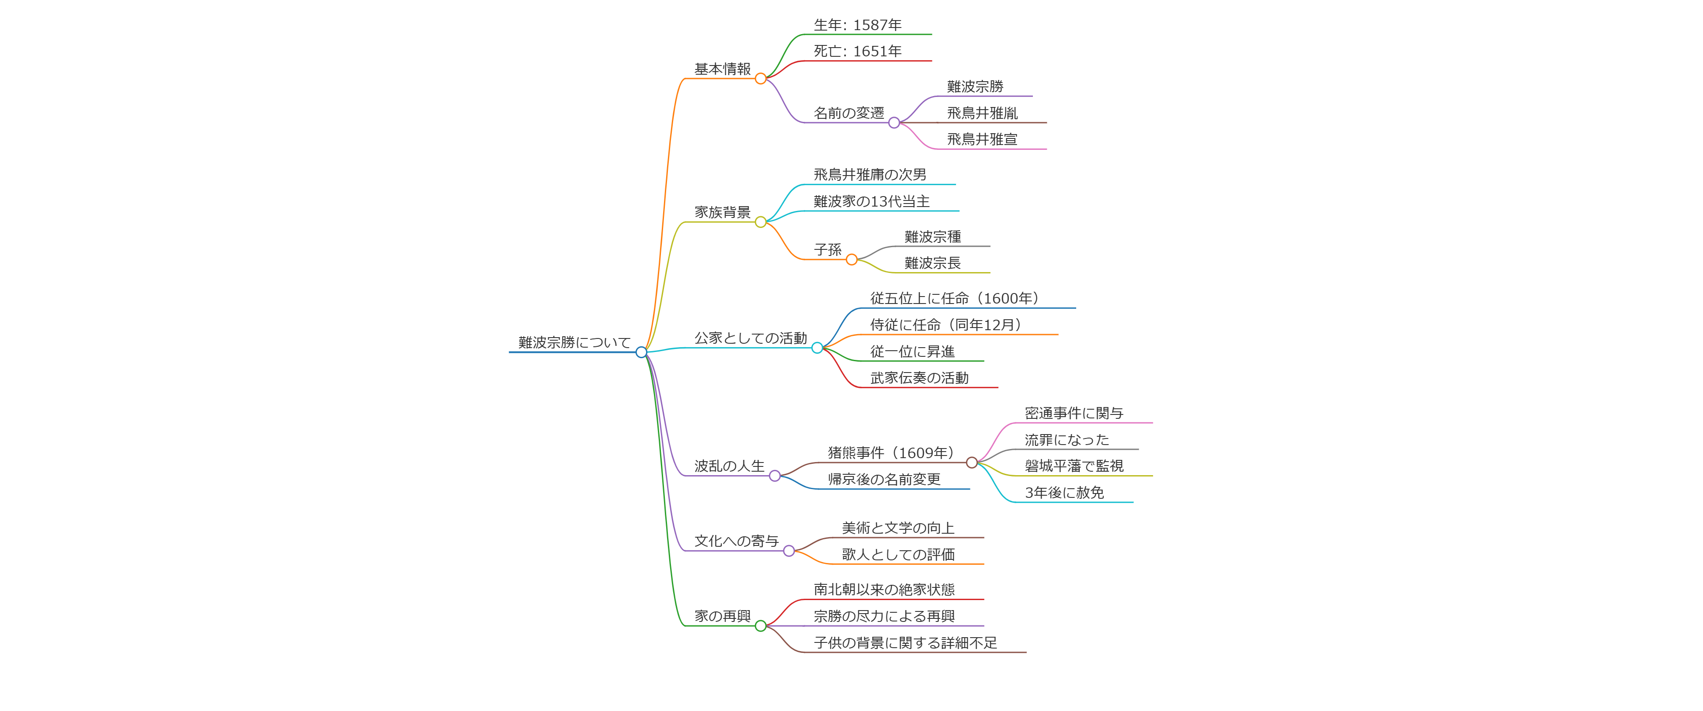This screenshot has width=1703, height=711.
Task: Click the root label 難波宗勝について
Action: coord(574,342)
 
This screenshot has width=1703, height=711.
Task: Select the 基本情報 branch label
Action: coord(722,69)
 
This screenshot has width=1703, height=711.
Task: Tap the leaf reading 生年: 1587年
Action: coord(858,25)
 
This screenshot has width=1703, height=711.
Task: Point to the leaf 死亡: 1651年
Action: coord(858,52)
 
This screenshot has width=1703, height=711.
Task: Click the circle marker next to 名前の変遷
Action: coord(894,123)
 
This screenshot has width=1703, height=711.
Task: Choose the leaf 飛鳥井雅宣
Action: coord(982,139)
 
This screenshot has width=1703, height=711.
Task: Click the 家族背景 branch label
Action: coord(722,212)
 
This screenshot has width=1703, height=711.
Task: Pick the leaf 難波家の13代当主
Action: coord(871,201)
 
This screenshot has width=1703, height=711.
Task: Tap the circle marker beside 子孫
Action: coord(851,260)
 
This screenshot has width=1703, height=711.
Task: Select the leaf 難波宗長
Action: coord(932,263)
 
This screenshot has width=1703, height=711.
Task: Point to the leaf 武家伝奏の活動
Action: coord(919,378)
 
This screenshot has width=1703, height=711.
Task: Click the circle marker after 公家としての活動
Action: coord(817,348)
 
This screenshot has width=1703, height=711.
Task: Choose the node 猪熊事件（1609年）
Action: coord(890,452)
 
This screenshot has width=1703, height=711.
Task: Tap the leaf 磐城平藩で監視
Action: coord(1074,466)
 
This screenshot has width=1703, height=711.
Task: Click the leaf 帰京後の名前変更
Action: coord(884,479)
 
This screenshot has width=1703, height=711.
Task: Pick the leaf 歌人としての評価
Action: coord(898,554)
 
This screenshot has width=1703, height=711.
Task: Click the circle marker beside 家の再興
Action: coord(760,626)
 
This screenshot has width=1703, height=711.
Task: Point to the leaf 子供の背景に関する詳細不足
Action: coord(905,643)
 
